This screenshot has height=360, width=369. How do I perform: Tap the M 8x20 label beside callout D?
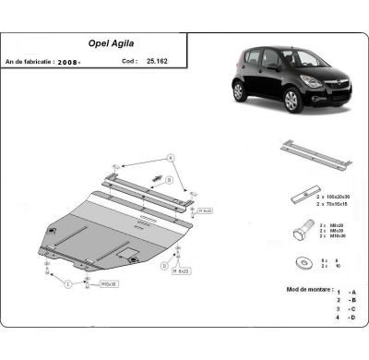coord(184,270)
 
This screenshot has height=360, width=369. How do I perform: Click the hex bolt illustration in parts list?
coord(300,227)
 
